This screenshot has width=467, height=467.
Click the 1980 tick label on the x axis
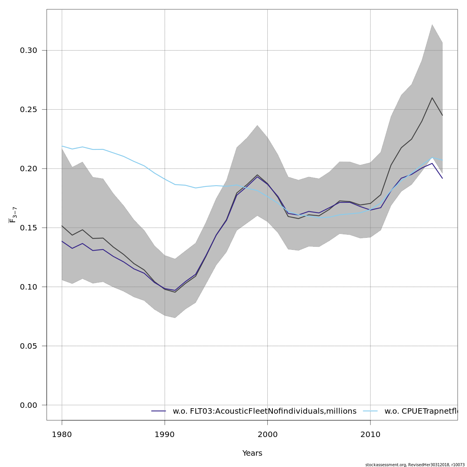pos(62,434)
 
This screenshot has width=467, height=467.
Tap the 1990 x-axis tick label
pos(165,434)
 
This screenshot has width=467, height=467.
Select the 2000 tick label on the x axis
pos(267,434)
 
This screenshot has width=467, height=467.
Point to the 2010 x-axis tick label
pos(370,434)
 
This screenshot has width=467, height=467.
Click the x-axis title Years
pos(252,453)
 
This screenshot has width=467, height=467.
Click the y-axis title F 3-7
pos(13,215)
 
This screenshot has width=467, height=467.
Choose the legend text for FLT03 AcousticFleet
pos(264,411)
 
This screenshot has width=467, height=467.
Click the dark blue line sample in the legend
pos(159,411)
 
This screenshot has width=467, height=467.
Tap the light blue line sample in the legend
pos(370,411)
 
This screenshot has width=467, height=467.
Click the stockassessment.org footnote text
pos(415,465)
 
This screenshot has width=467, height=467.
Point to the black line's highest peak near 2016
pos(432,98)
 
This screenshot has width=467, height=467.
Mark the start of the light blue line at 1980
pos(62,146)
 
